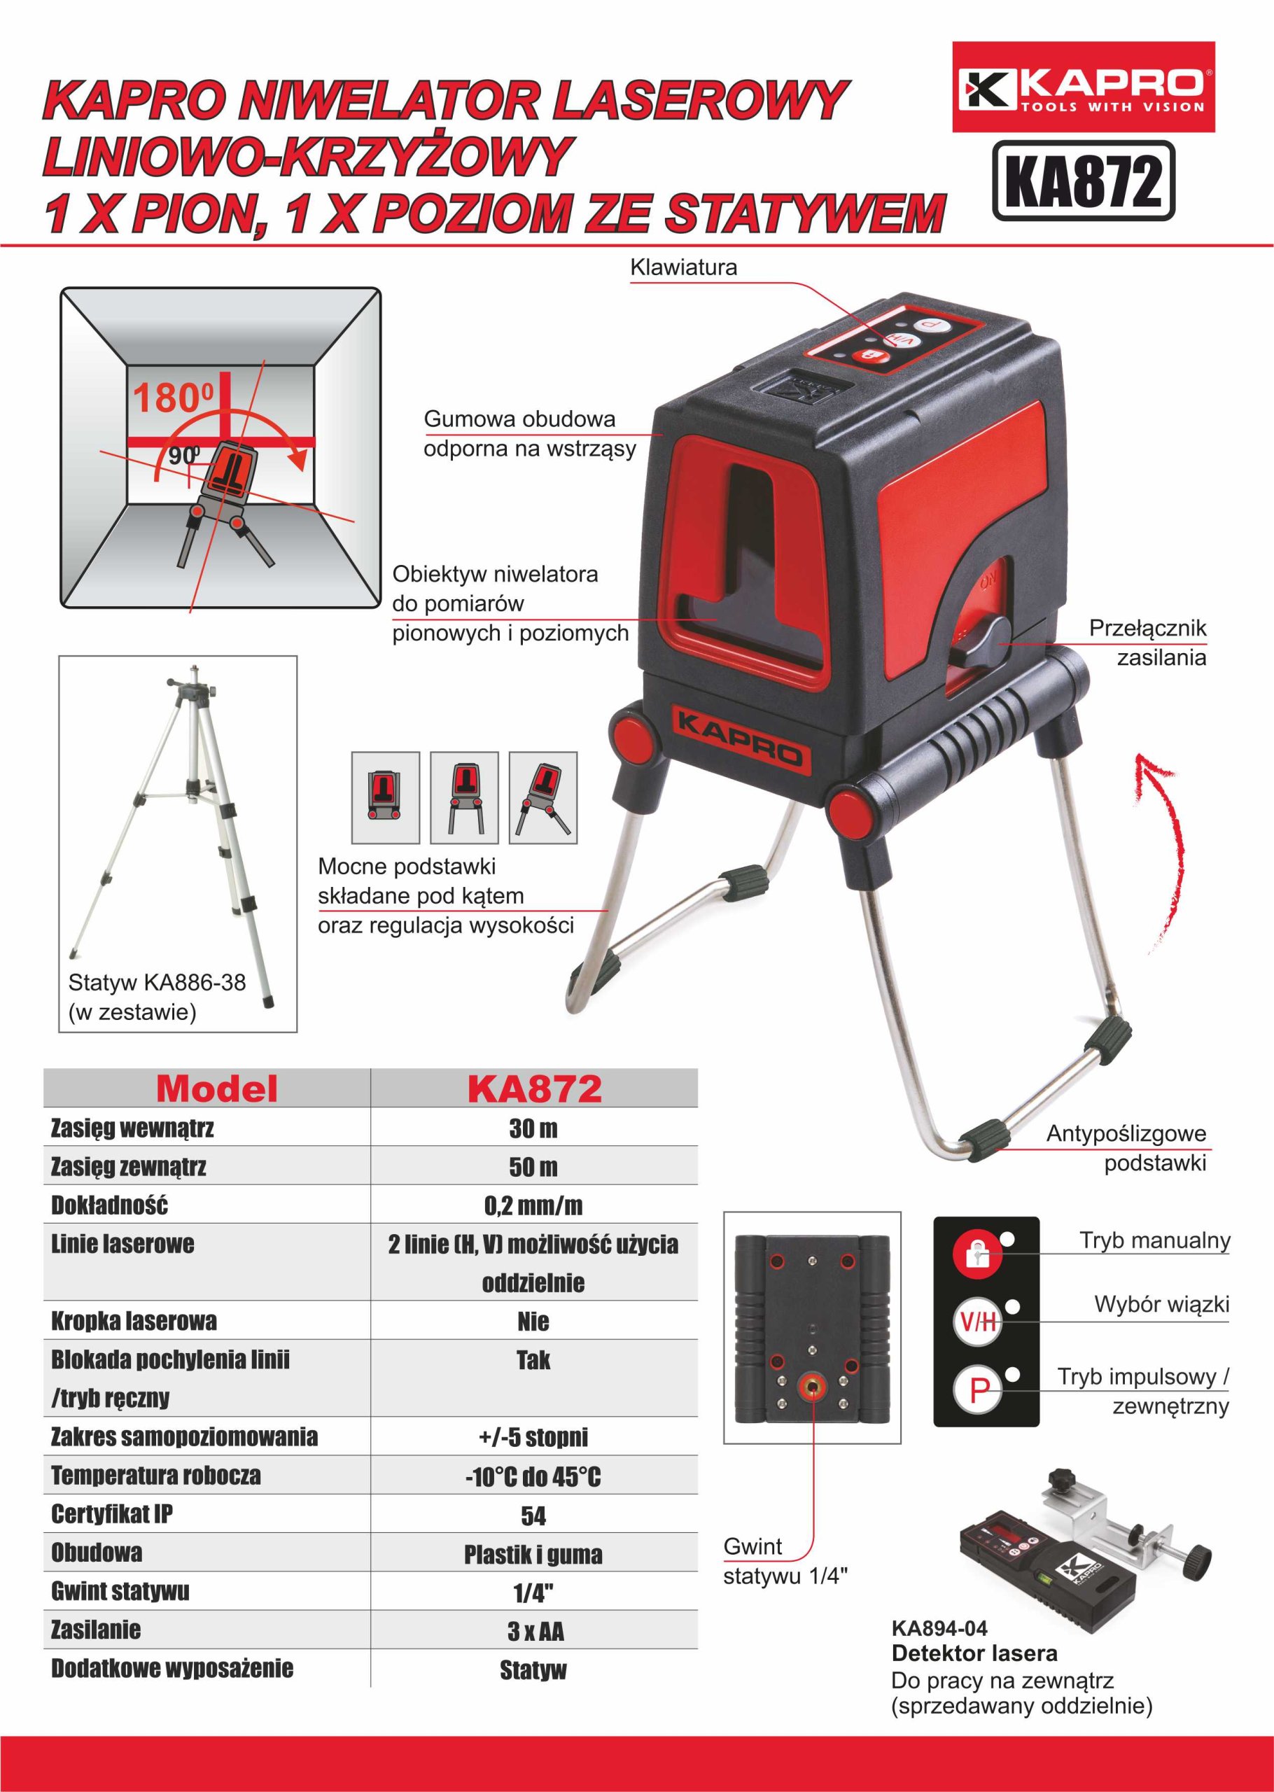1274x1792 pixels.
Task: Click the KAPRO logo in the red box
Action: pyautogui.click(x=1084, y=87)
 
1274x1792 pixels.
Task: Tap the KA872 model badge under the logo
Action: pyautogui.click(x=1084, y=180)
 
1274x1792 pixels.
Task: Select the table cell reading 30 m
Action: pyautogui.click(x=533, y=1128)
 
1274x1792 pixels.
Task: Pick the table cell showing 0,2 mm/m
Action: pyautogui.click(x=533, y=1205)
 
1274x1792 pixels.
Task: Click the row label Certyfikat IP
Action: pyautogui.click(x=112, y=1514)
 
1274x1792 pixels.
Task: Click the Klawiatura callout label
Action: pyautogui.click(x=683, y=267)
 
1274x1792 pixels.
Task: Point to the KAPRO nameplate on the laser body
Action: pyautogui.click(x=739, y=734)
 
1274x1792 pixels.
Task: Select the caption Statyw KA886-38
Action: pyautogui.click(x=157, y=982)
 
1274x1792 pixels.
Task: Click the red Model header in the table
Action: pyautogui.click(x=216, y=1088)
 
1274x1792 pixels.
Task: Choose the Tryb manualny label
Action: pyautogui.click(x=1155, y=1240)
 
